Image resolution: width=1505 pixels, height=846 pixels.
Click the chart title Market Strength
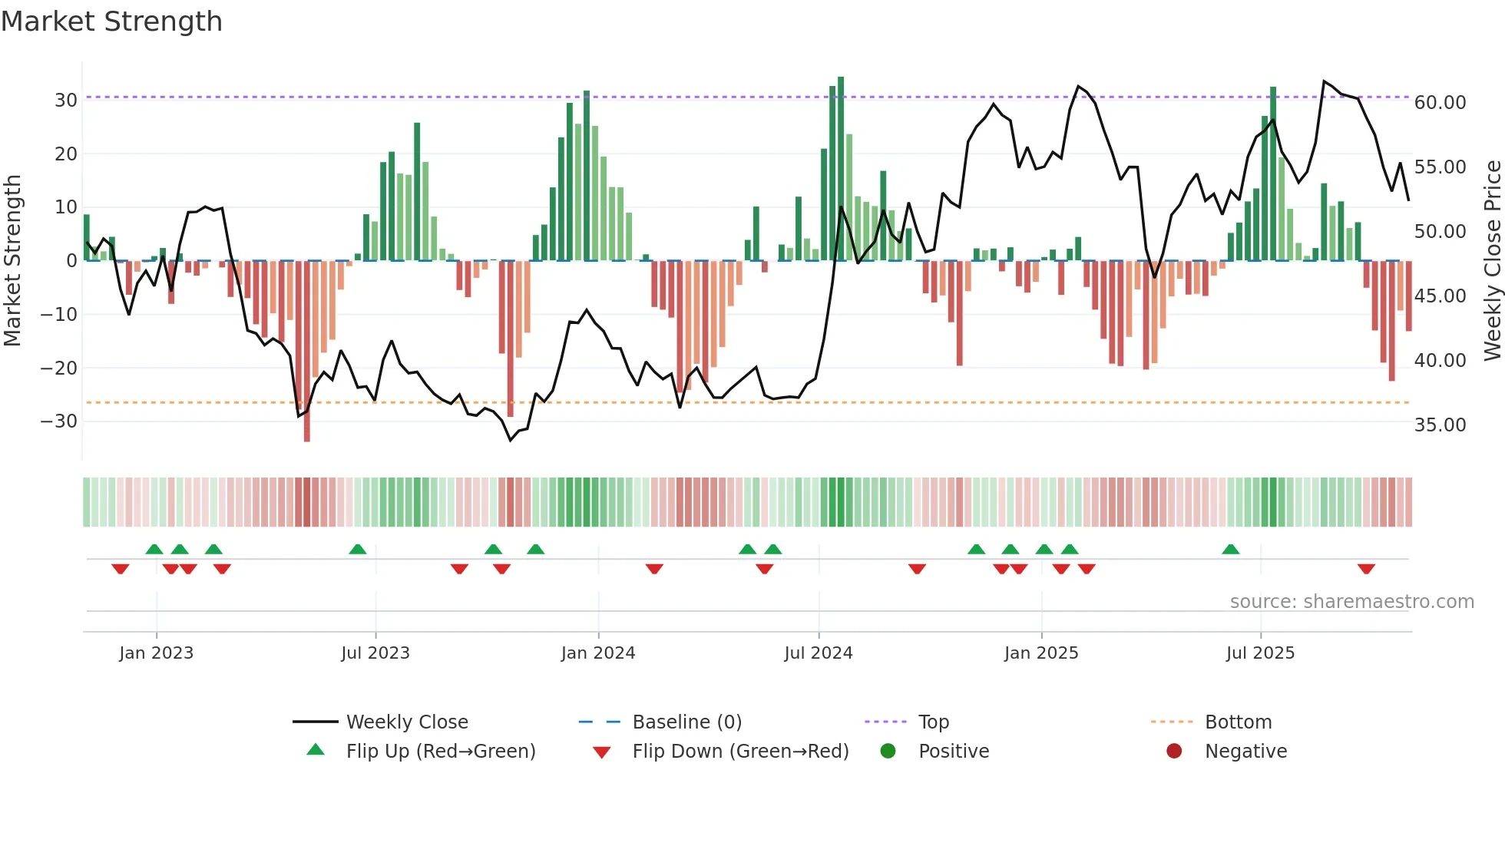[x=111, y=21]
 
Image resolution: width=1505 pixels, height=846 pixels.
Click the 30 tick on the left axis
[x=65, y=101]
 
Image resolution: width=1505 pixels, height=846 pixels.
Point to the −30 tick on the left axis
[x=58, y=421]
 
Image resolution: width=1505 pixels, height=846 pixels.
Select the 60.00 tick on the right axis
[x=1440, y=103]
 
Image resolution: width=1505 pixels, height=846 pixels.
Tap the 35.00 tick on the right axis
[x=1440, y=425]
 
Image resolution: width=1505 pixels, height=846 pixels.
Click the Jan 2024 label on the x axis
[x=597, y=653]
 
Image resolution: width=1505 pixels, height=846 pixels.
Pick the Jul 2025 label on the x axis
[x=1259, y=653]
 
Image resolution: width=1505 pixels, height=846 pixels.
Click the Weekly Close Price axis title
[x=1492, y=260]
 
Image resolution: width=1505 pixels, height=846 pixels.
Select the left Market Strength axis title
[x=12, y=260]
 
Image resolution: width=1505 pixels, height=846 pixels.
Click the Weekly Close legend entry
[x=406, y=722]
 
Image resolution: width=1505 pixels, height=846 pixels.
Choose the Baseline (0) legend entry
[x=686, y=722]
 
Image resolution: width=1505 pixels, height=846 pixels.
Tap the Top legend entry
[x=933, y=722]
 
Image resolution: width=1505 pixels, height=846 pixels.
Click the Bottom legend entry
[x=1237, y=722]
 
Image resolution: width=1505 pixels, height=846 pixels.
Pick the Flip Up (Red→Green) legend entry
[x=440, y=752]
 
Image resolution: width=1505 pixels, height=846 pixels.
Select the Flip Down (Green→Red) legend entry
[x=739, y=752]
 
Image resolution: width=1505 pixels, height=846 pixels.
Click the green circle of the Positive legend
[x=888, y=752]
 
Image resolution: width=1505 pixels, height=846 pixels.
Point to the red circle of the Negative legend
[x=1173, y=752]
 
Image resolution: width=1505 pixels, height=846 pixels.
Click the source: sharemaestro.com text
[x=1351, y=602]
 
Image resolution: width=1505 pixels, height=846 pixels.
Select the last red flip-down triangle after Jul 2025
[x=1365, y=569]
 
